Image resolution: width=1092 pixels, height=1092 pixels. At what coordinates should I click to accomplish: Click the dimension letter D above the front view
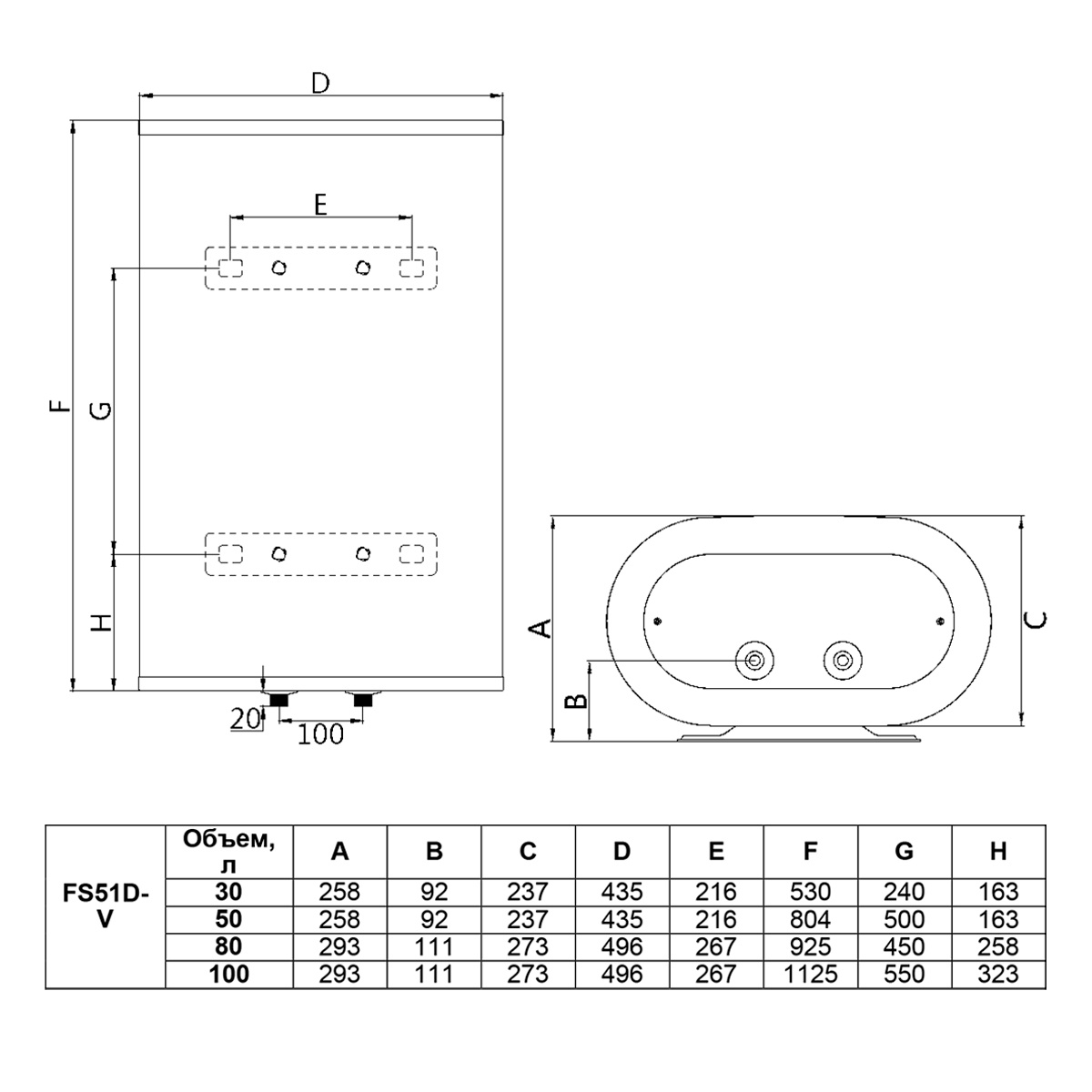(x=320, y=84)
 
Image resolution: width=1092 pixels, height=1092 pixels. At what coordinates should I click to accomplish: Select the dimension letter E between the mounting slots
(x=320, y=205)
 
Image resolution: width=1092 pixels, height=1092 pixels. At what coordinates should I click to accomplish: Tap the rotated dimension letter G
(x=102, y=410)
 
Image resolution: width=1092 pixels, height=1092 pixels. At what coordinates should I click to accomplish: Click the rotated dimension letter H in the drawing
(x=103, y=622)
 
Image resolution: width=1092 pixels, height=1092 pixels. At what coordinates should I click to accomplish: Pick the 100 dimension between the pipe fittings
(x=320, y=734)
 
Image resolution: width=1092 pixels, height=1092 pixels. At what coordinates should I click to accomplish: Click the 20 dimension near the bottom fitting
(x=245, y=719)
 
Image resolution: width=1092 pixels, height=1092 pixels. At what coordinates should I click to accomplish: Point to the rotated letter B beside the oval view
(x=578, y=701)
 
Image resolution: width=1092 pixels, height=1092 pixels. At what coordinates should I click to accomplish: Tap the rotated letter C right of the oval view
(x=1036, y=622)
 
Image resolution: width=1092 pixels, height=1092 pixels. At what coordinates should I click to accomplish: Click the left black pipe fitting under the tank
(x=278, y=700)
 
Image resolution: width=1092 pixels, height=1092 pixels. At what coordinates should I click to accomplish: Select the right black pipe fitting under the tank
(x=363, y=700)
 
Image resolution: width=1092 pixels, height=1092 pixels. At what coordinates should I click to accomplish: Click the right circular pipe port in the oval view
(x=843, y=660)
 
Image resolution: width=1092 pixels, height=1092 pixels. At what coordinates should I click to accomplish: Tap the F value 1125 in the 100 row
(x=811, y=974)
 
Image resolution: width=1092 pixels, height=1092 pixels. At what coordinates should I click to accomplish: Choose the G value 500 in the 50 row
(x=904, y=919)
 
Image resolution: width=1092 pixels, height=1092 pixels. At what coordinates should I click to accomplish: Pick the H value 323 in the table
(x=998, y=974)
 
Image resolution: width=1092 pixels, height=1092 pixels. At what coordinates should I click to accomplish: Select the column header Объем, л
(x=229, y=851)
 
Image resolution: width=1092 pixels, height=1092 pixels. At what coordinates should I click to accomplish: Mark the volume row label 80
(x=228, y=946)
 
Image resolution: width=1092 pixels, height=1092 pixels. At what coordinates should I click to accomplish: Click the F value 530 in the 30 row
(x=811, y=892)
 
